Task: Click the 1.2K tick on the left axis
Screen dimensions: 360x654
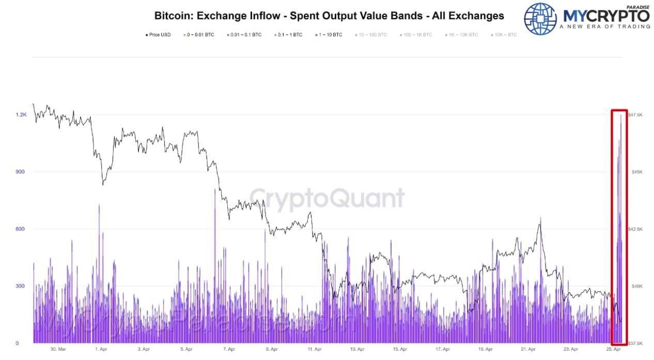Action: tap(21, 115)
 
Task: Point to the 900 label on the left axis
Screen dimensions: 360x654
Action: tap(21, 172)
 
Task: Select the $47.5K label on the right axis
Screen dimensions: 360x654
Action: tap(636, 115)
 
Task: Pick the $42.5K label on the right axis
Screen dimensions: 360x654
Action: tap(636, 229)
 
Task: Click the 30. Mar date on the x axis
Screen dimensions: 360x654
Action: tap(58, 349)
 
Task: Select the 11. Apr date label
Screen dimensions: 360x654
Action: tap(314, 349)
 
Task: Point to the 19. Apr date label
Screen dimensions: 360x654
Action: tap(484, 349)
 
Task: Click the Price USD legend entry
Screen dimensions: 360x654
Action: tap(158, 35)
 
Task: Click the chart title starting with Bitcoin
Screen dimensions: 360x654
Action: tap(329, 15)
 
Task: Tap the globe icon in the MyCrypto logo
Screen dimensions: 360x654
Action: tap(540, 18)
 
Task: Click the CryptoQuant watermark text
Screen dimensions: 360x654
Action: tap(327, 198)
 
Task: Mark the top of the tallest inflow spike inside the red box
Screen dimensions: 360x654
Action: tap(620, 115)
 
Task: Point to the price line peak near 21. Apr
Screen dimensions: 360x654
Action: tap(540, 218)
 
